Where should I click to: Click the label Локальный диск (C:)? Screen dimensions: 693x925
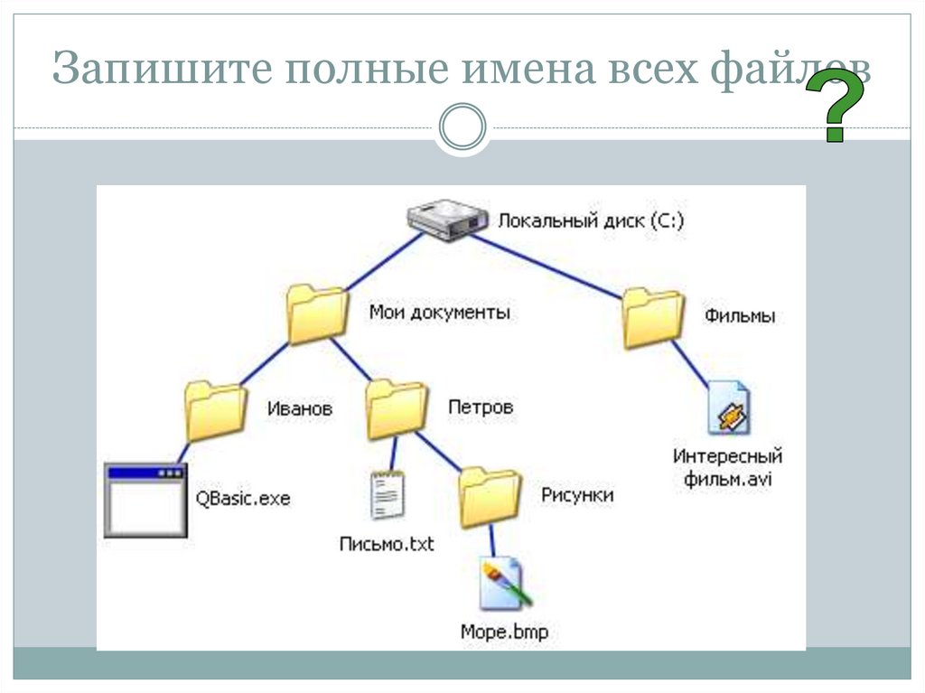tap(592, 220)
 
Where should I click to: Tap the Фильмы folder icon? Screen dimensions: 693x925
tap(652, 318)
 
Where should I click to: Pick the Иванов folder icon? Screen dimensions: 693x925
tap(214, 409)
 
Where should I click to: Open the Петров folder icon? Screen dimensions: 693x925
tap(396, 408)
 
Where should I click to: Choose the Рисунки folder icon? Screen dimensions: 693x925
tap(489, 497)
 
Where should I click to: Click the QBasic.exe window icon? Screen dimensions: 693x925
tap(145, 500)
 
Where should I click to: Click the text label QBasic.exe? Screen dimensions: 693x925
tap(243, 498)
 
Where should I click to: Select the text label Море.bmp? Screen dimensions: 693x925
tap(504, 632)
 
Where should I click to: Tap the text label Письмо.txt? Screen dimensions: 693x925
tap(387, 544)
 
